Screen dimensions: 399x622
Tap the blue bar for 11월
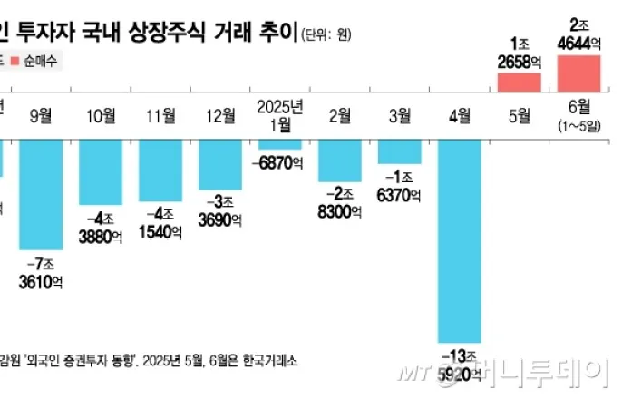(160, 170)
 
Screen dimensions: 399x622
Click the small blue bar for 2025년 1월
(279, 143)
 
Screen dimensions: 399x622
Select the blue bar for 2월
(340, 158)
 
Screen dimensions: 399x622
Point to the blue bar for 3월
(399, 151)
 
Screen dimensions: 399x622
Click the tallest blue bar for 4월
(459, 239)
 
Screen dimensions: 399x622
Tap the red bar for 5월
(520, 83)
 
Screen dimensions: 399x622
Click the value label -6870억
(280, 161)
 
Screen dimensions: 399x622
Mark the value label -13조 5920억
(461, 363)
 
